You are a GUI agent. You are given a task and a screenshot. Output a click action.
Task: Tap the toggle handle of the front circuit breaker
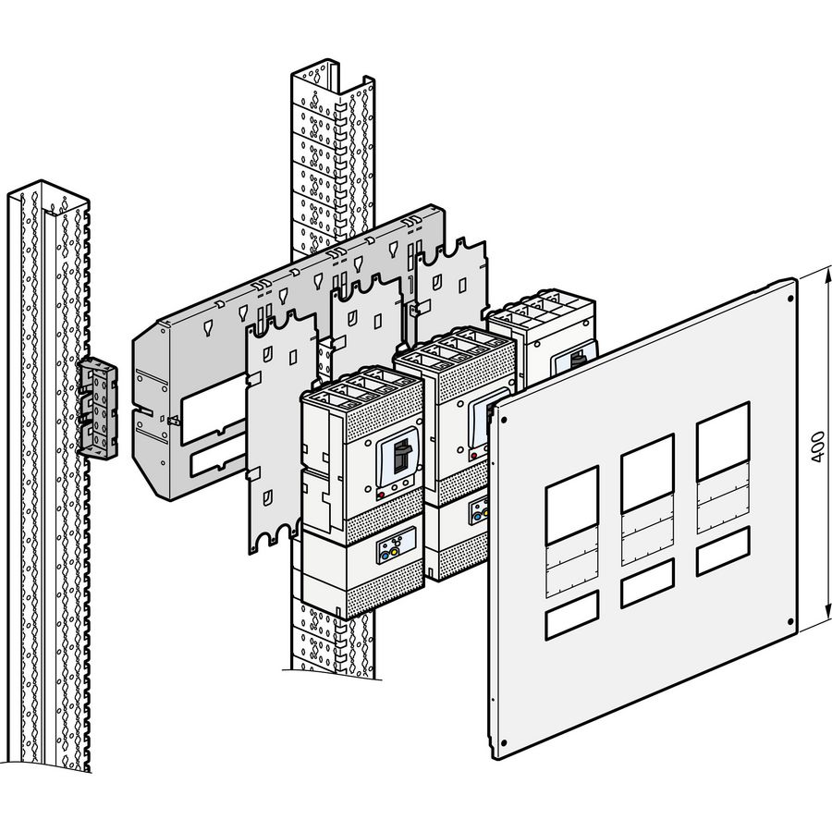click(401, 456)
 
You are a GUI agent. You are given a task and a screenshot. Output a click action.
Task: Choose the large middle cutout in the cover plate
click(647, 472)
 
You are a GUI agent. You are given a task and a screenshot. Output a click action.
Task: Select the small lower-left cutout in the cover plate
click(572, 619)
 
